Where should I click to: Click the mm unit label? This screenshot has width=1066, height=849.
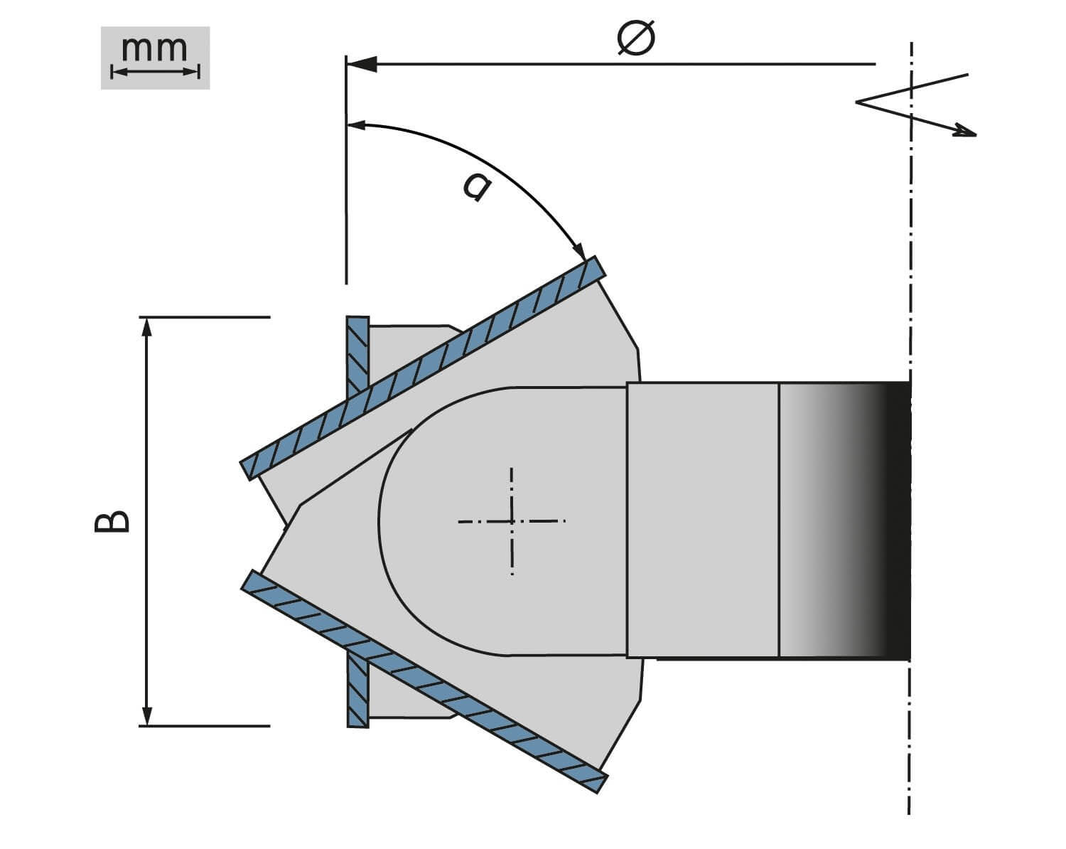click(x=155, y=49)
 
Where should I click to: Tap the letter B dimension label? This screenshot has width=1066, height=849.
click(x=112, y=521)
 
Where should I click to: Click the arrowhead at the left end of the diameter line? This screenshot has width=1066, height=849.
click(x=359, y=64)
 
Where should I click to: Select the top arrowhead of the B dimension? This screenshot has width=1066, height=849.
click(x=147, y=325)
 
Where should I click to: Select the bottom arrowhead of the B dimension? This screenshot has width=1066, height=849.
click(x=147, y=717)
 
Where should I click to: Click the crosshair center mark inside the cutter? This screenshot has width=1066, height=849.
click(x=512, y=521)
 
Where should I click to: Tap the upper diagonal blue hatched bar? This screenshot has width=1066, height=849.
click(x=424, y=368)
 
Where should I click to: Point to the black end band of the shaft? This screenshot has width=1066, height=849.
click(x=899, y=520)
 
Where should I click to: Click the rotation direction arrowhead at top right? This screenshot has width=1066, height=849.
click(x=967, y=131)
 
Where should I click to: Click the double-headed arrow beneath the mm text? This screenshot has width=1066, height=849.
click(x=155, y=71)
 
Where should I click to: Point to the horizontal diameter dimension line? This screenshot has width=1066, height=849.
click(x=618, y=64)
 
